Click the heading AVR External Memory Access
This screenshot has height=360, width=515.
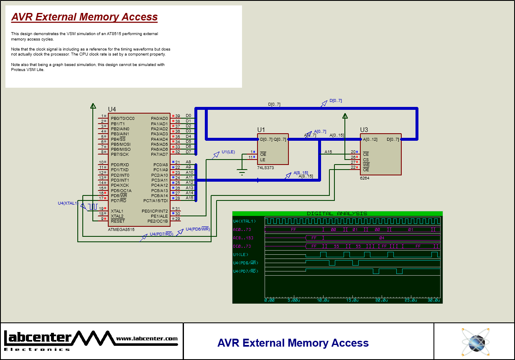coord(84,17)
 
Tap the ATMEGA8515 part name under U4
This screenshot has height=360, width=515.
coord(121,229)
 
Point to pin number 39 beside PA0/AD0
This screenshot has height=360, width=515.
coord(178,116)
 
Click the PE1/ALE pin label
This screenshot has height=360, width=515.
coord(161,216)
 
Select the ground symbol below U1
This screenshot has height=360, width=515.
coord(242,172)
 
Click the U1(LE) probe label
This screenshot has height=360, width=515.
coord(228,152)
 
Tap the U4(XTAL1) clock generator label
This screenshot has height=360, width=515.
coord(67,203)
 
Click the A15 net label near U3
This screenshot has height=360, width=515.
coord(328,152)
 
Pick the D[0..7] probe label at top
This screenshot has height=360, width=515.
coord(335,101)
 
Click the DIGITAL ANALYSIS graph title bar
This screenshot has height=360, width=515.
coord(337,213)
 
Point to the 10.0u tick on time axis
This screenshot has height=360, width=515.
coord(322,300)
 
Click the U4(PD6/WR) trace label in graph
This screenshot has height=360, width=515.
coord(245,263)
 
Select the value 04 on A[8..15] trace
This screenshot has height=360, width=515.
coord(381,238)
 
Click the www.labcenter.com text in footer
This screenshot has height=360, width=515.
coord(147,339)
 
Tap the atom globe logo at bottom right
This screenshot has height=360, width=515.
coord(475,342)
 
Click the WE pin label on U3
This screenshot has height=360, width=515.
coord(366,165)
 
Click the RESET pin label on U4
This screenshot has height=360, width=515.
coord(117,221)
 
